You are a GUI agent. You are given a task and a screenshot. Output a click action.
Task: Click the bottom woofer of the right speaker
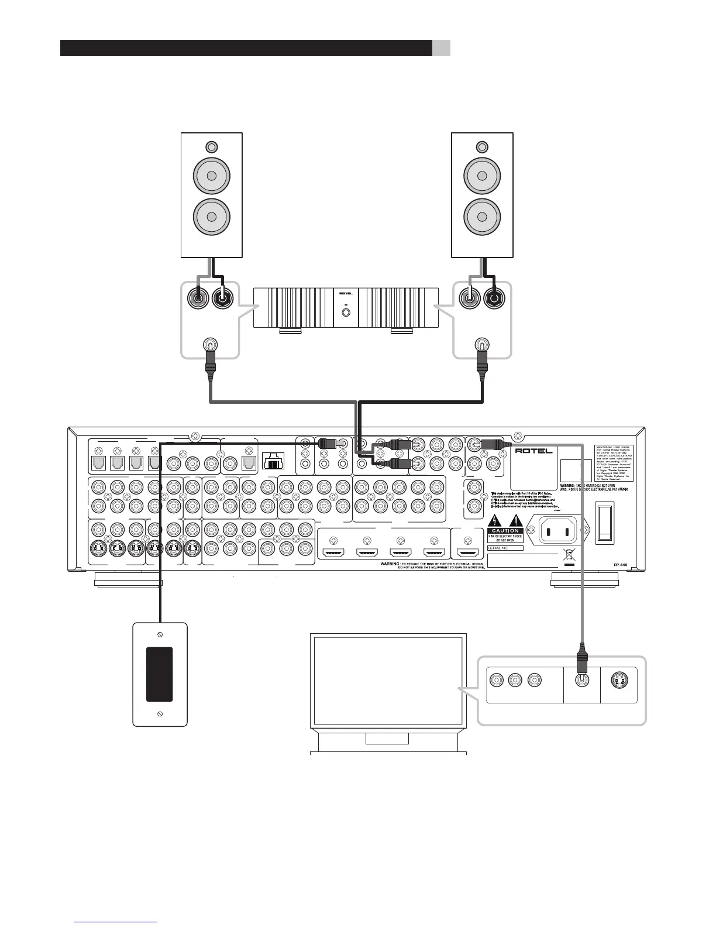click(x=483, y=217)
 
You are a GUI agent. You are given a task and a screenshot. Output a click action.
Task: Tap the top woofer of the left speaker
click(x=212, y=175)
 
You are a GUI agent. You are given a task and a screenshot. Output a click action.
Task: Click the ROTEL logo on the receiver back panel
click(x=533, y=451)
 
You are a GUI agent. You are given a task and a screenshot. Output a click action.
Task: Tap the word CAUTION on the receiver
click(x=505, y=531)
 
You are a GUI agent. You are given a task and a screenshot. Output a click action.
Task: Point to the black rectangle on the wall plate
click(x=159, y=674)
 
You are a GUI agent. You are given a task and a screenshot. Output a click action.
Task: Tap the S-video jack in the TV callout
click(x=619, y=681)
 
